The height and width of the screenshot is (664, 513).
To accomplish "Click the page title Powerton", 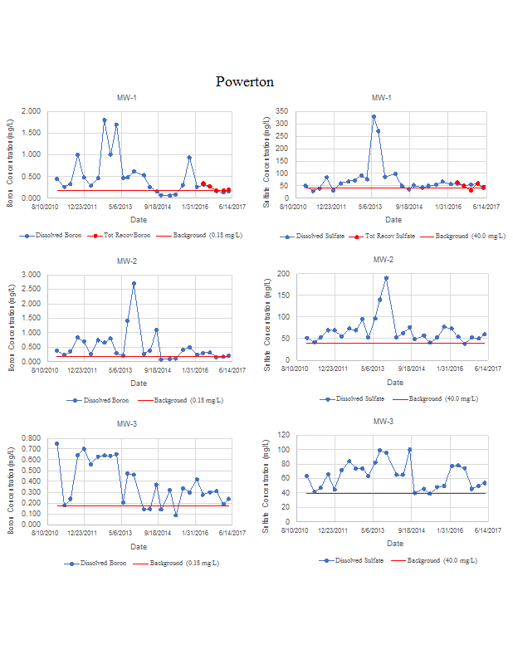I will [x=244, y=81].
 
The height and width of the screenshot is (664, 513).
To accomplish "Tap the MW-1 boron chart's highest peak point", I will [x=105, y=120].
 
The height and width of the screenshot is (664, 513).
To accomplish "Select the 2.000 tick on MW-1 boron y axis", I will [x=31, y=111].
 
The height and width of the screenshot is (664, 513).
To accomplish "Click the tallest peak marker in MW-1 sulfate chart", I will [x=374, y=117].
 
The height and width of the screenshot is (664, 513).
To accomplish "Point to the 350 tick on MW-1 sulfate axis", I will [x=282, y=111].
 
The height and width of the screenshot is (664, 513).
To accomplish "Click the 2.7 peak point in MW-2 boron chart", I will [x=134, y=284].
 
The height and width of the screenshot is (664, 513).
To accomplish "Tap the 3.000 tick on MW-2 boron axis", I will [x=31, y=275].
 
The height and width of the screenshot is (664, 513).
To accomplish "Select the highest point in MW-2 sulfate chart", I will [x=386, y=278].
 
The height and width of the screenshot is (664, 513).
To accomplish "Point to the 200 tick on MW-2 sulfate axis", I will [x=282, y=274].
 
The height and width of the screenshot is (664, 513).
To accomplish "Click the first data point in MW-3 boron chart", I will [x=56, y=444].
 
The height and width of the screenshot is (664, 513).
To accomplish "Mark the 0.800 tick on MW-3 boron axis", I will [x=31, y=438].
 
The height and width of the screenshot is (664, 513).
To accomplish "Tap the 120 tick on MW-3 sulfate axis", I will [x=282, y=435].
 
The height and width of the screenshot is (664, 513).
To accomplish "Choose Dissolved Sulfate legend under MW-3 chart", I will [x=359, y=560].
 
